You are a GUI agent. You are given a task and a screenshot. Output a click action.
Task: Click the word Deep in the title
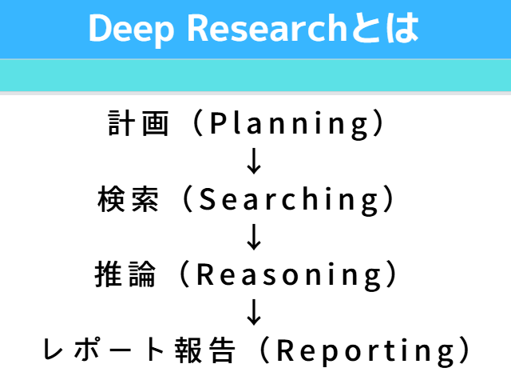coord(131,30)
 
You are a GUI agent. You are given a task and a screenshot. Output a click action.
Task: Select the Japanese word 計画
coord(138,122)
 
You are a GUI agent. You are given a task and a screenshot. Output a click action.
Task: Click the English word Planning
coord(289,124)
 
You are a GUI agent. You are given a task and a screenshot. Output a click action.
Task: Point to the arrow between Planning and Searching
coord(254,161)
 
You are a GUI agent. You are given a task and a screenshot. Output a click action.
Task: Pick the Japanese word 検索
coord(128,198)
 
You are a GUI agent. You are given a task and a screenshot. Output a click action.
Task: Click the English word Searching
coord(289,200)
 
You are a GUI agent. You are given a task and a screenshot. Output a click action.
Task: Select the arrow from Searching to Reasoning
coord(254,237)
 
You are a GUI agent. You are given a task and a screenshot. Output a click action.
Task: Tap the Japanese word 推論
coord(125,274)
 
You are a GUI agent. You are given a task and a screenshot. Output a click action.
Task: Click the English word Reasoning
coord(289,276)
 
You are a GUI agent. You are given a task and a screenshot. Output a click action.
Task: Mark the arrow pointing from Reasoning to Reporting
coord(254,313)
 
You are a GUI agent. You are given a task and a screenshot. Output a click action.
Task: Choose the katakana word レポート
coord(104,350)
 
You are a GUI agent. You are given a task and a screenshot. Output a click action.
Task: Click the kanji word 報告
coord(204,350)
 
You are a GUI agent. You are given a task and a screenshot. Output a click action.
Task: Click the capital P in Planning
coord(219,122)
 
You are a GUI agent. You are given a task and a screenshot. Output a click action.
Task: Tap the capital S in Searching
coord(208,198)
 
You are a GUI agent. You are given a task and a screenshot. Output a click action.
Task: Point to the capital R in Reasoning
coord(205,274)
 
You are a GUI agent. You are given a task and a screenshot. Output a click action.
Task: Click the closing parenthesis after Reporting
coord(464,350)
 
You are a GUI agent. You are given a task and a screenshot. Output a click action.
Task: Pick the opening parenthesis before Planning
coord(199,122)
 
